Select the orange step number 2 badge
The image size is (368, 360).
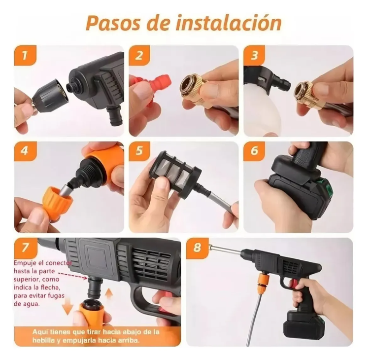tap(139, 55)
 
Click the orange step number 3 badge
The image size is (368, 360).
tap(254, 55)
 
